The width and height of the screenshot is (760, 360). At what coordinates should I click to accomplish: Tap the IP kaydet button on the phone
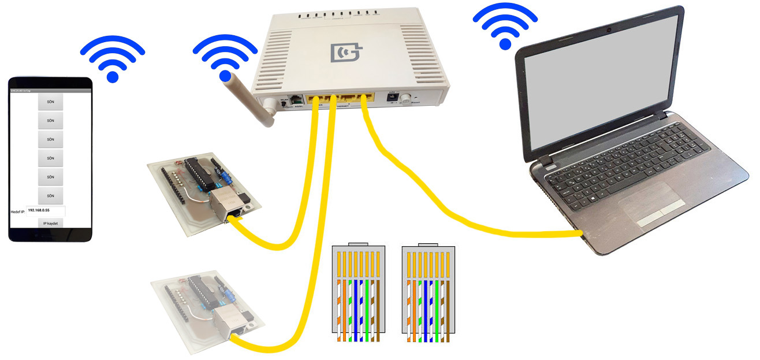[x=50, y=223]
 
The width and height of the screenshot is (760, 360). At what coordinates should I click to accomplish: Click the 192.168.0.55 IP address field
[x=46, y=211]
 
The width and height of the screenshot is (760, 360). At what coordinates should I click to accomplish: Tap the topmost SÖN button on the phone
[x=50, y=101]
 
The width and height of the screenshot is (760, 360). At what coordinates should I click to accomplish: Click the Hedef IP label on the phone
[x=18, y=212]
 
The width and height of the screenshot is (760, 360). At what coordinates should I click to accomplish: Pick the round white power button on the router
[x=409, y=99]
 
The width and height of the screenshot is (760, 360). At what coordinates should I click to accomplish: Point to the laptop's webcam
[x=608, y=28]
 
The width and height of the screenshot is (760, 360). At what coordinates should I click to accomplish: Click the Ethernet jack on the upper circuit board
[x=228, y=204]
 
